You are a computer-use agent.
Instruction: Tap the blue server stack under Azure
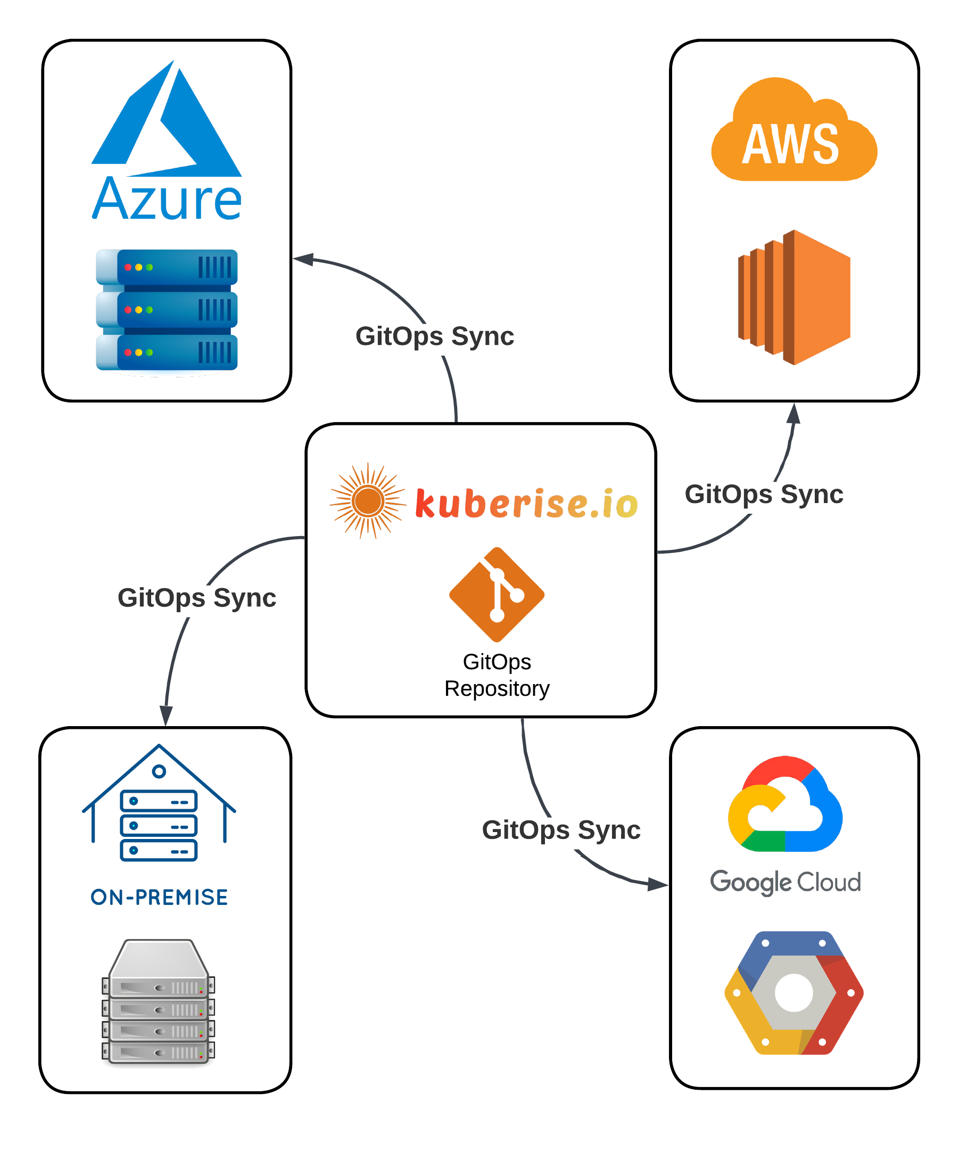tap(167, 311)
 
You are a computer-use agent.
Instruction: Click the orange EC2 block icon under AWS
tap(794, 298)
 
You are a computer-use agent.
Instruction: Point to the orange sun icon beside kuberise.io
tap(368, 500)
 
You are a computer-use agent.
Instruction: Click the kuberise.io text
tap(526, 503)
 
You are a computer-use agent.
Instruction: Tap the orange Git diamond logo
tap(497, 595)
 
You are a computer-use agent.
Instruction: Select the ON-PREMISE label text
tap(159, 898)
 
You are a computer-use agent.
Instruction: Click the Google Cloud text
tap(785, 882)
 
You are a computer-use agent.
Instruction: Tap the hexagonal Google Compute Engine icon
tap(793, 993)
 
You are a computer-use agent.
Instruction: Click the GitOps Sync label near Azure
tap(435, 336)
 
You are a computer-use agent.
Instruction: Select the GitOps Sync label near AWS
tap(764, 494)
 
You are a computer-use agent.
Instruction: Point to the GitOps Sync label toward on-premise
tap(197, 597)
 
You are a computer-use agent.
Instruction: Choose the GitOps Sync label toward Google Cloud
tap(561, 830)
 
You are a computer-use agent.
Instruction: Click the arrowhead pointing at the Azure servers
tap(303, 259)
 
